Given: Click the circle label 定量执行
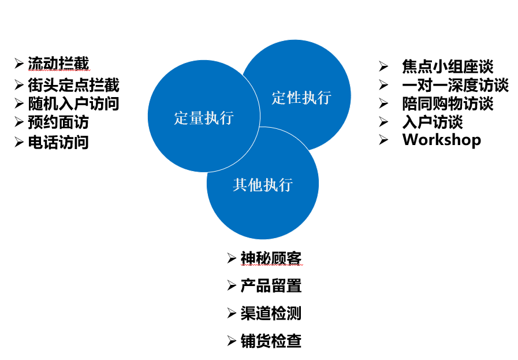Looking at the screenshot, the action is coord(204,118).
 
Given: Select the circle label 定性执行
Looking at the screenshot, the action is coord(301,98).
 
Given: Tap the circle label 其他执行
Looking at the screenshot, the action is coord(263,185).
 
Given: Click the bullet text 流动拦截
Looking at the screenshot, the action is coord(58,64).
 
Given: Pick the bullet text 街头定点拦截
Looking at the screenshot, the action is coord(73,85).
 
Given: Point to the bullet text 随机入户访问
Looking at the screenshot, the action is coord(73,103).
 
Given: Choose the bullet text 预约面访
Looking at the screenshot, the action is coord(58,122).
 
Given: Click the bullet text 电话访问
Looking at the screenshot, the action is coord(58,142).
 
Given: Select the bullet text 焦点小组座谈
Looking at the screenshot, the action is coord(448,66).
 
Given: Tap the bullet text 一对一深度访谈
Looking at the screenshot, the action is coord(455,85).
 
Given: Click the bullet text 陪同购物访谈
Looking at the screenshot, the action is coord(448,103).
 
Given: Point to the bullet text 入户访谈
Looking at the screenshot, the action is coord(433,122).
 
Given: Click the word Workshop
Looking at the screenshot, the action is coord(442,140).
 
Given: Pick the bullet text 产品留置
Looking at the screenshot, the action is coord(271,285).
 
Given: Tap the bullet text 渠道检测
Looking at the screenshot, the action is coord(271,313).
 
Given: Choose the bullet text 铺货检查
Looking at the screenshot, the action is coord(271,341).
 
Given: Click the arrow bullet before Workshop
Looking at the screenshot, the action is coord(383,140).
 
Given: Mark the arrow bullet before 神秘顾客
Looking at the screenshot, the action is coord(232,258).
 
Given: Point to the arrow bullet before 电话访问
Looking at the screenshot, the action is coord(19,142).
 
